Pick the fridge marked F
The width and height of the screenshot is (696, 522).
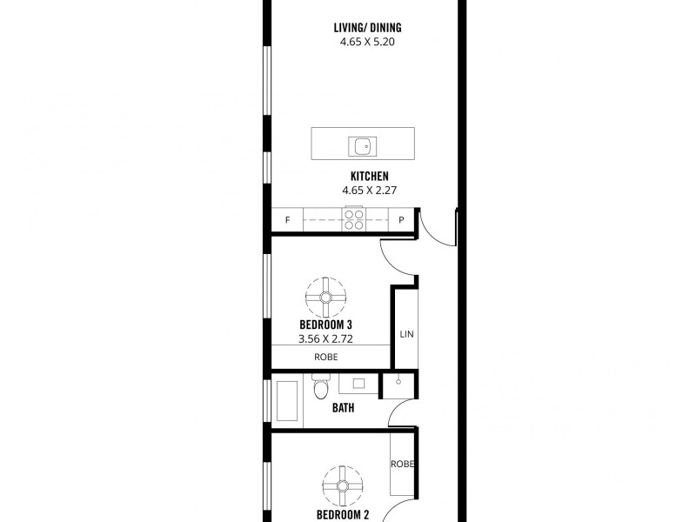point(287,221)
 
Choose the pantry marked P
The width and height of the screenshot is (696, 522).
point(401,221)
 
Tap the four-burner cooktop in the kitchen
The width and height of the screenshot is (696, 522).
point(354,219)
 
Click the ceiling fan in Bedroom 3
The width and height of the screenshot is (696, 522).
point(326,298)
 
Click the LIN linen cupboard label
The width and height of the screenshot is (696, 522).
point(405,334)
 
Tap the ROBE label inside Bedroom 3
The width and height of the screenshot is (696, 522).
point(326,357)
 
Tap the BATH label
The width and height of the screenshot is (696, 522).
point(342,407)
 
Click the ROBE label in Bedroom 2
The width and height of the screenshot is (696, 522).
point(402,464)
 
